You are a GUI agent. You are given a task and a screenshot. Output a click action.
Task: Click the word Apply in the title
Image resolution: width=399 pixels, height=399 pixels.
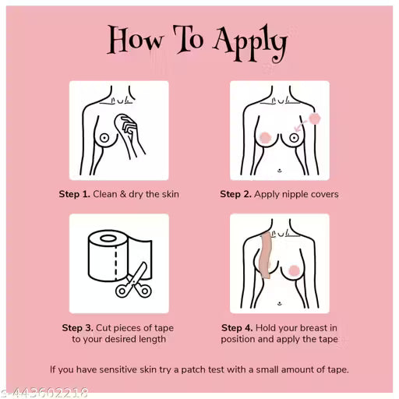[250, 43]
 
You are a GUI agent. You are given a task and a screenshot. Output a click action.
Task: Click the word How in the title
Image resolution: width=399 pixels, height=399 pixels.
[136, 40]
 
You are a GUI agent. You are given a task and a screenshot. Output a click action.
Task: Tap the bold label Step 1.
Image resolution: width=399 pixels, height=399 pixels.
[74, 194]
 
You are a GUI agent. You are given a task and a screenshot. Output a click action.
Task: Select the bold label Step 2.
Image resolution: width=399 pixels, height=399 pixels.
[235, 194]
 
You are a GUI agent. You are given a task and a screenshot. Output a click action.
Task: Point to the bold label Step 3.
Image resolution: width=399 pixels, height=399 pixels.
[77, 328]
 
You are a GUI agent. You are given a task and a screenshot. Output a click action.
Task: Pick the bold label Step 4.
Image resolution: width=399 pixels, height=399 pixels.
[237, 328]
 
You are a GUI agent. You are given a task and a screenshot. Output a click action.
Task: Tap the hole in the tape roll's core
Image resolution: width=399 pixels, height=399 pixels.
[108, 238]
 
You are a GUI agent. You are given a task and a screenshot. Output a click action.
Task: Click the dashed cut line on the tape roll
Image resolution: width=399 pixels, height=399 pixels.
[116, 263]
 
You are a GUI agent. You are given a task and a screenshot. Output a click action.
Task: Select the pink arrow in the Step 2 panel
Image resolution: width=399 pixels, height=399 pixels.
[301, 125]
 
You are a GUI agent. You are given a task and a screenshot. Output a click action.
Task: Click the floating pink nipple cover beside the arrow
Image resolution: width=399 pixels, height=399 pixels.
[315, 118]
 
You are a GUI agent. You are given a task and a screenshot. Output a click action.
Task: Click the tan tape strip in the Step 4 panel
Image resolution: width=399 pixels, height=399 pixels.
[266, 256]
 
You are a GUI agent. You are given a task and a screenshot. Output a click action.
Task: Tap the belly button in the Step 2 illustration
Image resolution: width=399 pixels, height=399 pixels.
[280, 171]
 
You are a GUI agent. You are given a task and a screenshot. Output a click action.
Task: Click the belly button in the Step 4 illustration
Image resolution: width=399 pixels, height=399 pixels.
[280, 303]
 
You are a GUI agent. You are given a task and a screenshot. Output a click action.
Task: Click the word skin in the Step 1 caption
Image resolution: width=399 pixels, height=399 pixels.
[171, 194]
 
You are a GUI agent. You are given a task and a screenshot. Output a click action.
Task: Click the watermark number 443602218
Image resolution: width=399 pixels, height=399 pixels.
[50, 393]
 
